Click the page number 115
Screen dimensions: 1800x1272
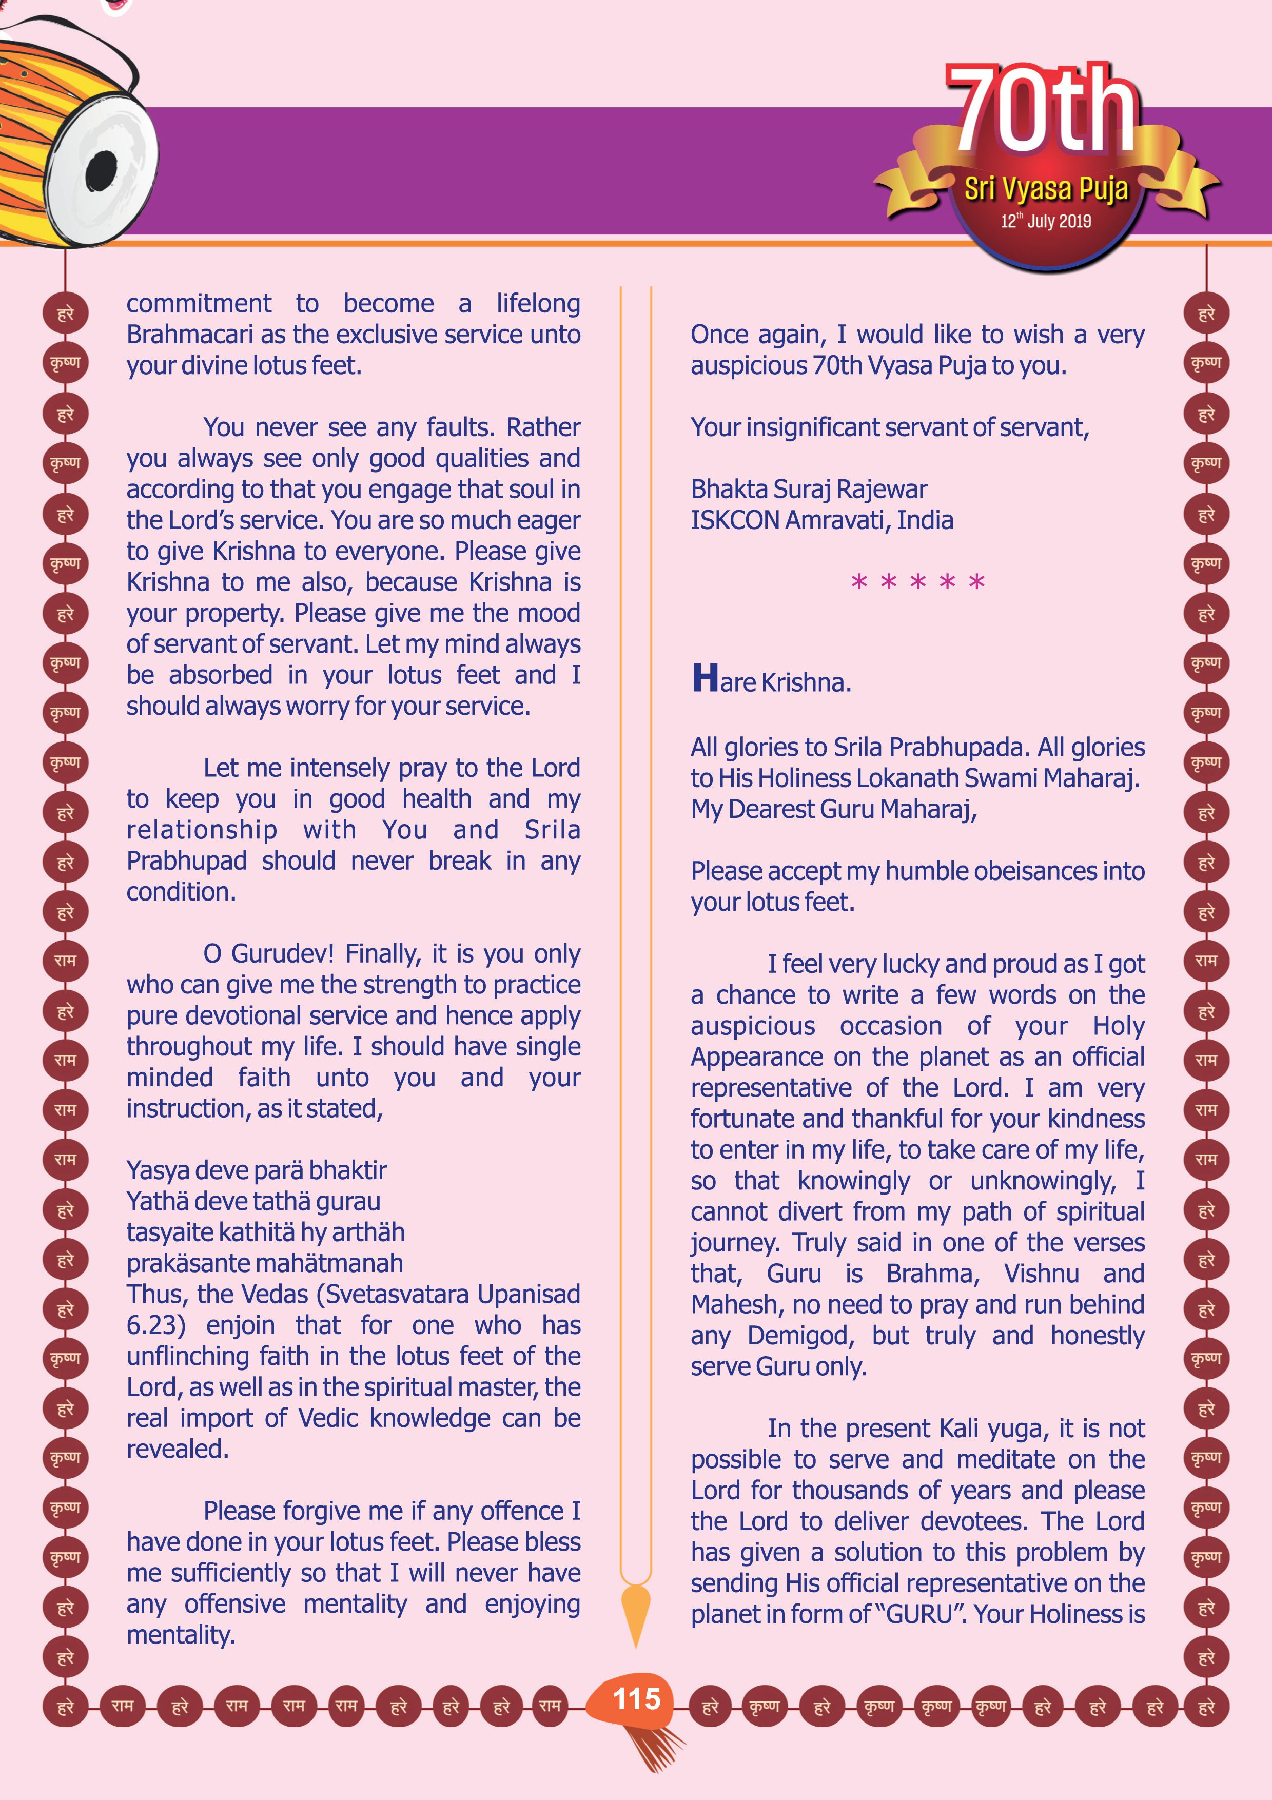(x=636, y=1699)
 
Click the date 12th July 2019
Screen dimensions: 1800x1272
(x=1046, y=221)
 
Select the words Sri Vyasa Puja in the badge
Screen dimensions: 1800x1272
(x=1046, y=189)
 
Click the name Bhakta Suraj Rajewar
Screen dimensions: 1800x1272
(x=808, y=489)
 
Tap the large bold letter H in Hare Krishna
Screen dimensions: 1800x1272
(x=705, y=677)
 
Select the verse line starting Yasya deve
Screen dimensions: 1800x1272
(x=256, y=1170)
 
